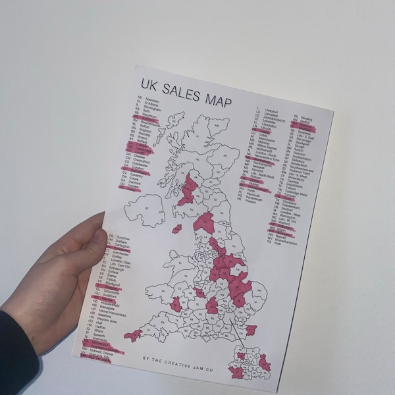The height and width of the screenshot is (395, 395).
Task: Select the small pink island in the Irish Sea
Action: [176, 229]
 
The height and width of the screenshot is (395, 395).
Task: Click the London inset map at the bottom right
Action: [250, 365]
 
